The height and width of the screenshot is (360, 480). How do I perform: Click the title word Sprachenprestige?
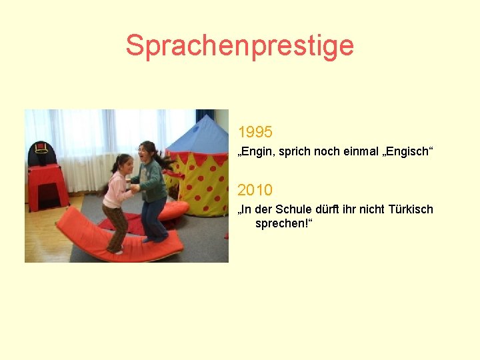239,45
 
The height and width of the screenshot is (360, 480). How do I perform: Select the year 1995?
255,131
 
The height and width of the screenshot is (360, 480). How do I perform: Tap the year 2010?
255,190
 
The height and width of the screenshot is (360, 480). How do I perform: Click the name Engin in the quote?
255,153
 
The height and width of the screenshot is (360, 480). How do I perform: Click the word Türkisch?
409,209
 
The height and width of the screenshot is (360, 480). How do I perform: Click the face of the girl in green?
146,153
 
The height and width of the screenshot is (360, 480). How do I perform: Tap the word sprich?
290,153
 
